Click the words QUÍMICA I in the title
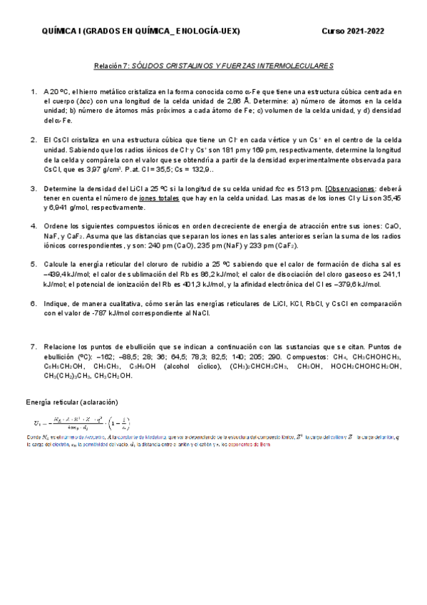click(63, 31)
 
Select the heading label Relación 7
click(110, 66)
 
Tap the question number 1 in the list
click(33, 92)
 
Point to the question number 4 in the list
click(33, 225)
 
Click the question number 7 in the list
click(33, 346)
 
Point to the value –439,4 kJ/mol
click(65, 273)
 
